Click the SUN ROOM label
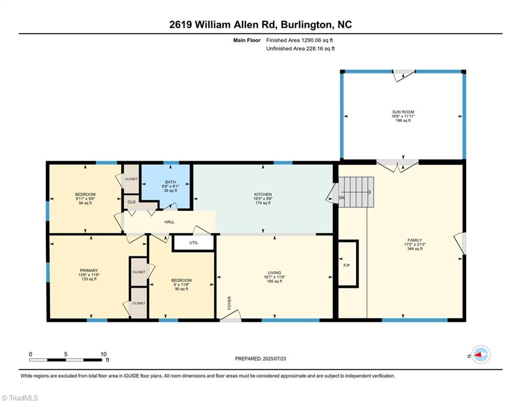pyautogui.click(x=403, y=112)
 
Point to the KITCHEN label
pyautogui.click(x=263, y=195)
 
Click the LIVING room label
pyautogui.click(x=274, y=273)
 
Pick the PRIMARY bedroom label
pyautogui.click(x=88, y=271)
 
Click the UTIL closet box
pyautogui.click(x=194, y=243)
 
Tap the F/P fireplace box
pyautogui.click(x=347, y=265)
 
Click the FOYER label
pyautogui.click(x=229, y=303)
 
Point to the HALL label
pyautogui.click(x=170, y=222)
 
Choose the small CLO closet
pyautogui.click(x=131, y=202)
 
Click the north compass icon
pyautogui.click(x=481, y=354)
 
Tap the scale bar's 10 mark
pyautogui.click(x=103, y=354)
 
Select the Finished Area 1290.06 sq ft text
pyautogui.click(x=300, y=40)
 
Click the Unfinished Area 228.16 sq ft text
pyautogui.click(x=301, y=49)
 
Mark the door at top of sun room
pyautogui.click(x=404, y=75)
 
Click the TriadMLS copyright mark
pyautogui.click(x=21, y=397)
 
